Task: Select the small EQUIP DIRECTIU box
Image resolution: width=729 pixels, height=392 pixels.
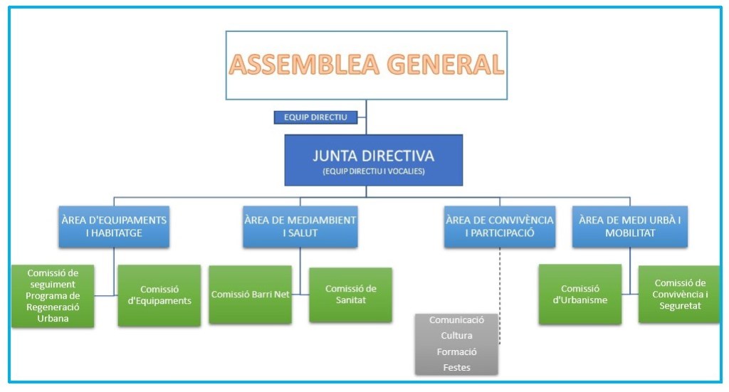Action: coord(315,117)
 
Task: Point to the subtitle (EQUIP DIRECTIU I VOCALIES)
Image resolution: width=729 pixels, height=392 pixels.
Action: coord(373,171)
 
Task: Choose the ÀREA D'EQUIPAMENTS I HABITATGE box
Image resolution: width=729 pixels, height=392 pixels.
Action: coord(114,227)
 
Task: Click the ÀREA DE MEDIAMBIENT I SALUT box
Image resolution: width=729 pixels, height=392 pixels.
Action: coord(300,227)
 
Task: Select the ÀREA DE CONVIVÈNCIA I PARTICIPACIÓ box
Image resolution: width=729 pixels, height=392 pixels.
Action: coord(499,227)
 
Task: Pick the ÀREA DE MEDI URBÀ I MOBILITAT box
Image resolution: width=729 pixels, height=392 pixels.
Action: coord(629,227)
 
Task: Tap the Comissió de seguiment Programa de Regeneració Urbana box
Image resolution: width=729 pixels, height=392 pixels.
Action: coord(53,296)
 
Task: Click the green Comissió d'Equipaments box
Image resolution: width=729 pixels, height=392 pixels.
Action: coord(159,295)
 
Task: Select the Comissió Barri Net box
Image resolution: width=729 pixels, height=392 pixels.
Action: coord(250,295)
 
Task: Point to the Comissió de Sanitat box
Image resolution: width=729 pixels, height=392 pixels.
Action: coord(350,295)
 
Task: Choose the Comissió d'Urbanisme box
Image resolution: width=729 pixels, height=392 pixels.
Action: coord(579,295)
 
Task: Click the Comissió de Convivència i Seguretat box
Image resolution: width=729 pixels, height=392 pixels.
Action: coord(678,294)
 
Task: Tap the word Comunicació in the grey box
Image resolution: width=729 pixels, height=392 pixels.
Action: coord(456,320)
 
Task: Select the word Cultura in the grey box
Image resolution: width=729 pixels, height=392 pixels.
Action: coord(456,336)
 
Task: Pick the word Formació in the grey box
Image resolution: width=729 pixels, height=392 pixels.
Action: coord(456,352)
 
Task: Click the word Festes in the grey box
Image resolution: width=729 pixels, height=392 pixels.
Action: coord(456,368)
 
